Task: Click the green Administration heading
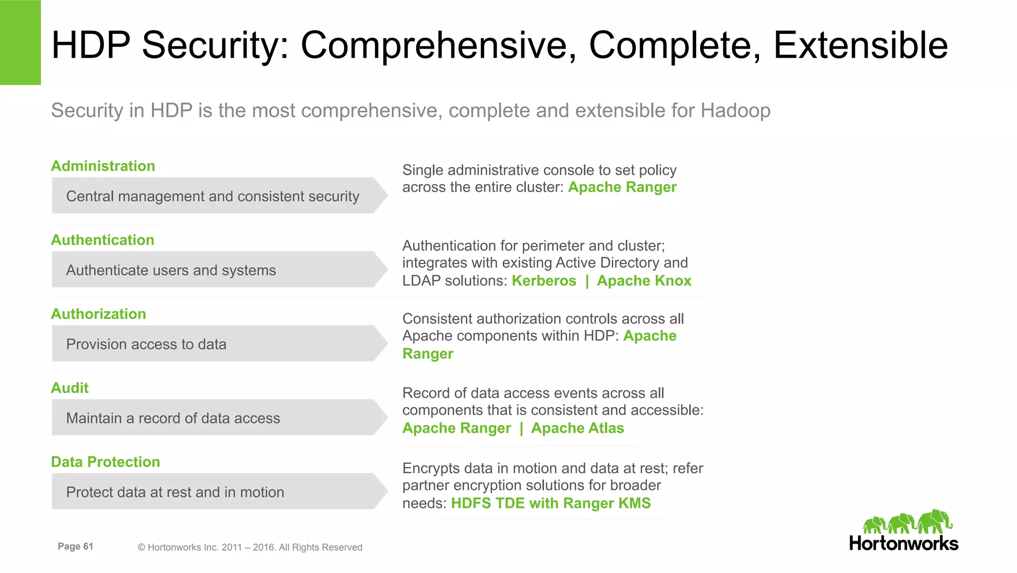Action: (x=103, y=166)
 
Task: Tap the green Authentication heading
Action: (x=102, y=240)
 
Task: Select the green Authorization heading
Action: (x=98, y=314)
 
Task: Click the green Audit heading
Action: (x=70, y=388)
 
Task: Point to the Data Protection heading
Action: (x=105, y=462)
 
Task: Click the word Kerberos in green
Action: (x=544, y=281)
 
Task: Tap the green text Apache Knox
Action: (x=644, y=281)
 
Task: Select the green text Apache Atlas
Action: (x=577, y=428)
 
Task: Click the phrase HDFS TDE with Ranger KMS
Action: (x=550, y=503)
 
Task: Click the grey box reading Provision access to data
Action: (x=214, y=344)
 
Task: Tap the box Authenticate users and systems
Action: (x=214, y=270)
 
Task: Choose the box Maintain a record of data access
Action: (x=214, y=418)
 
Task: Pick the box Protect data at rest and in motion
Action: (x=214, y=492)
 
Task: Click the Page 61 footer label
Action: (x=75, y=547)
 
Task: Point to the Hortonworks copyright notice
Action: (x=250, y=547)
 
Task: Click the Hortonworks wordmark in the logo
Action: (x=903, y=544)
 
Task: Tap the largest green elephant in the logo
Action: (x=935, y=521)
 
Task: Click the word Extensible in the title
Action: (x=860, y=46)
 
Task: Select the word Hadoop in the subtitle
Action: (x=735, y=110)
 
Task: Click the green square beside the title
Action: (x=20, y=42)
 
